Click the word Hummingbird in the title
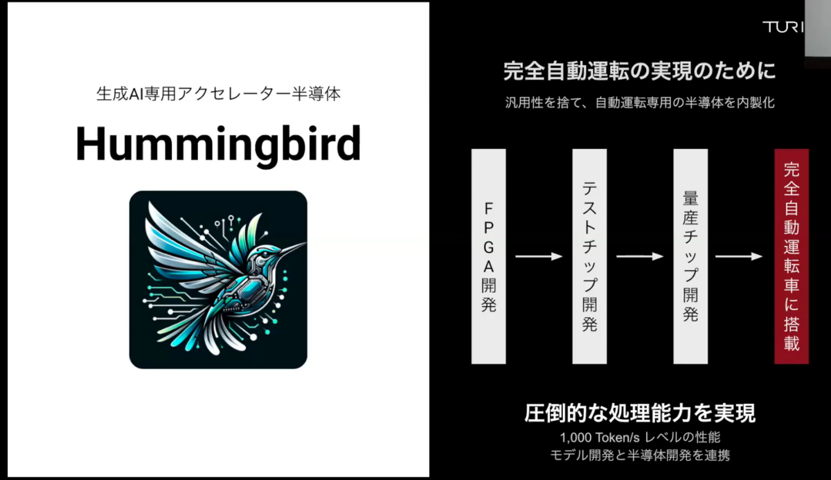coord(218,144)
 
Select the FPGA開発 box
coord(488,256)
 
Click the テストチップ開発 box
coord(589,256)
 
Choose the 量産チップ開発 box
coord(690,256)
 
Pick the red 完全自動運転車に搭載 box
coord(792,256)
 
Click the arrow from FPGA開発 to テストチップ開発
coord(539,256)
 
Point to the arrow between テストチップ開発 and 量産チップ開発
coord(640,256)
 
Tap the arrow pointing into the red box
coord(739,256)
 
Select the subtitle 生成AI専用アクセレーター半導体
coord(218,94)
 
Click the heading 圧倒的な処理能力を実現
coord(639,414)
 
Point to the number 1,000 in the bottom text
coord(575,438)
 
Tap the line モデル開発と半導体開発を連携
coord(639,456)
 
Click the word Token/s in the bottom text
coord(619,438)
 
